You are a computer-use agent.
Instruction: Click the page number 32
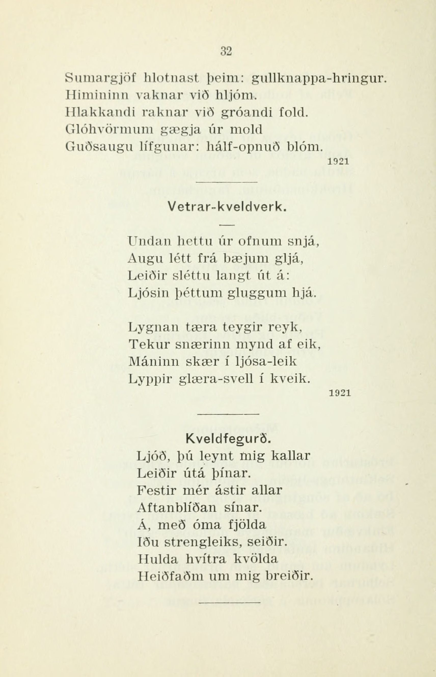226,51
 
